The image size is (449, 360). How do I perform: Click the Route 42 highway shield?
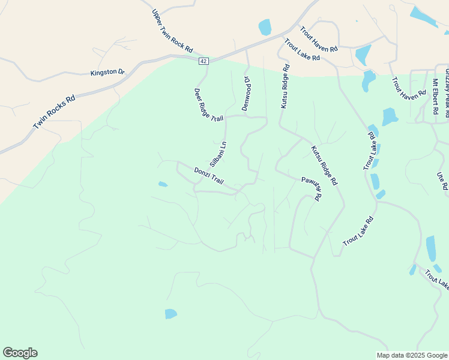click(x=203, y=61)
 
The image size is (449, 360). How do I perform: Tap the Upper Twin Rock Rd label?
click(x=172, y=31)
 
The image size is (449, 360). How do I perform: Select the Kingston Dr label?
click(x=107, y=73)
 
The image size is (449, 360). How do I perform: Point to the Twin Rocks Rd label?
click(x=54, y=112)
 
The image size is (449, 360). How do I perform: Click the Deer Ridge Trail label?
click(x=208, y=106)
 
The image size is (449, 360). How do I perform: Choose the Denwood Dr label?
click(x=246, y=93)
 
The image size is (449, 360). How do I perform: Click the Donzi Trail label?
click(x=208, y=176)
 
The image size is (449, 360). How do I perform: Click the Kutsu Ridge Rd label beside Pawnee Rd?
click(x=324, y=165)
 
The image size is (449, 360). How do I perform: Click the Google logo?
click(x=20, y=353)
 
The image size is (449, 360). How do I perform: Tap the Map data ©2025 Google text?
click(x=412, y=355)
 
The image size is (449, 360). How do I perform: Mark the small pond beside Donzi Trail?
click(x=163, y=184)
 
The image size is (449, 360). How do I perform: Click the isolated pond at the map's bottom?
click(x=171, y=314)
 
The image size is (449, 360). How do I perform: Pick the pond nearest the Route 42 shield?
click(x=265, y=28)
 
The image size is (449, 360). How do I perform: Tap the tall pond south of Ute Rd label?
click(x=431, y=248)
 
